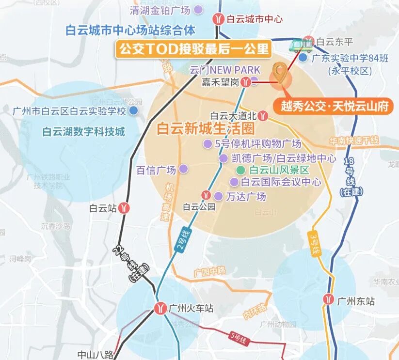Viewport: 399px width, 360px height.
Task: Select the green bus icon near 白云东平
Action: coord(301,44)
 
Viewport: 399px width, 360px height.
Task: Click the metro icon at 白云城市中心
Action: coord(219,19)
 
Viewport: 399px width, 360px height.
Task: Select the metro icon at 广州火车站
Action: coord(160,308)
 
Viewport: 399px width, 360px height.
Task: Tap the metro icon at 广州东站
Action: coord(329,301)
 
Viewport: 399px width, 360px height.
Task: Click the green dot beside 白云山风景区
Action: coord(240,171)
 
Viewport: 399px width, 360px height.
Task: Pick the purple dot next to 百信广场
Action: coord(183,169)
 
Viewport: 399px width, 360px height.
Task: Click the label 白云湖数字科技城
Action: coord(83,132)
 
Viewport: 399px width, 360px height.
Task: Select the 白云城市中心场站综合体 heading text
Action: coord(130,31)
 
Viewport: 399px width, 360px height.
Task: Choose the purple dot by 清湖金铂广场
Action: coord(198,9)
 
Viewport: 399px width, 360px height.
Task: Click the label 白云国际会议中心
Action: coord(281,182)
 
